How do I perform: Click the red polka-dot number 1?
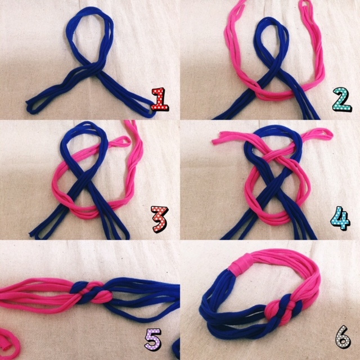tap(160, 99)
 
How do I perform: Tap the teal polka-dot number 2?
tap(342, 99)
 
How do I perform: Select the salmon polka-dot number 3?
tap(160, 219)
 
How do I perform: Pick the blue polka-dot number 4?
tap(340, 218)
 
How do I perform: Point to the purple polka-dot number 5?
tap(153, 339)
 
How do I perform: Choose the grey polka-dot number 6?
tap(343, 336)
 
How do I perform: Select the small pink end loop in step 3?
tap(121, 142)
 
